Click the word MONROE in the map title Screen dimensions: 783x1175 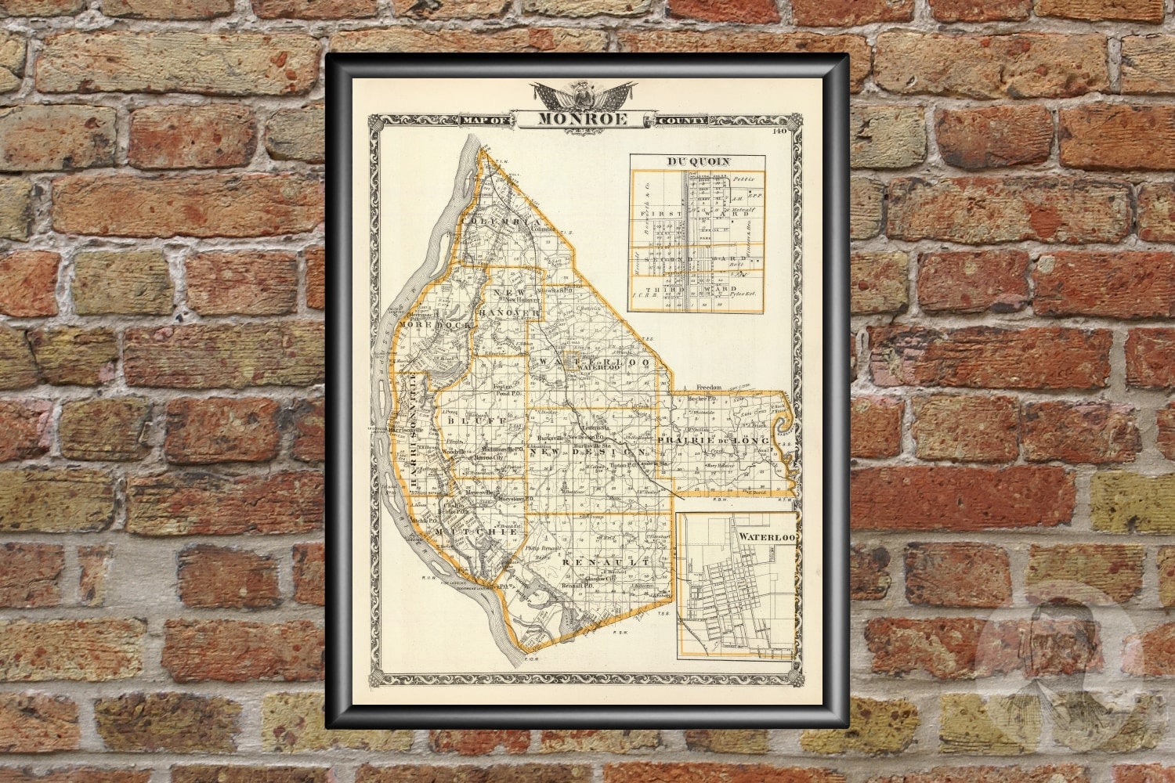tap(582, 120)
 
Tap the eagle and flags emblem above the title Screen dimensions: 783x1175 tap(582, 95)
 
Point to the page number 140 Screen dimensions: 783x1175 tap(779, 132)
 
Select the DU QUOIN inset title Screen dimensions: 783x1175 tap(698, 162)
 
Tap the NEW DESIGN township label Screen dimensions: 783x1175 tap(588, 453)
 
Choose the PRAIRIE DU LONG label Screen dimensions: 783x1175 tap(714, 442)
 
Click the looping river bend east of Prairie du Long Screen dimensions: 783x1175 tap(783, 427)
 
